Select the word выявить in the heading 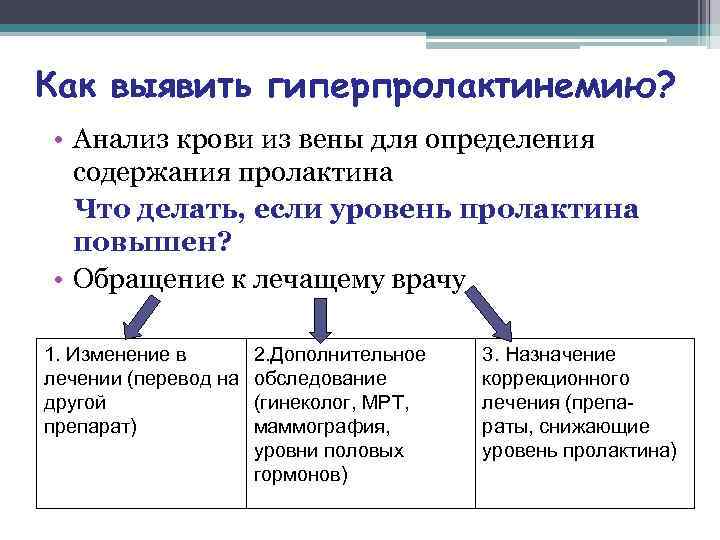[183, 88]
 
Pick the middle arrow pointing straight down [319, 317]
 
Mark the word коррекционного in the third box [555, 379]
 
